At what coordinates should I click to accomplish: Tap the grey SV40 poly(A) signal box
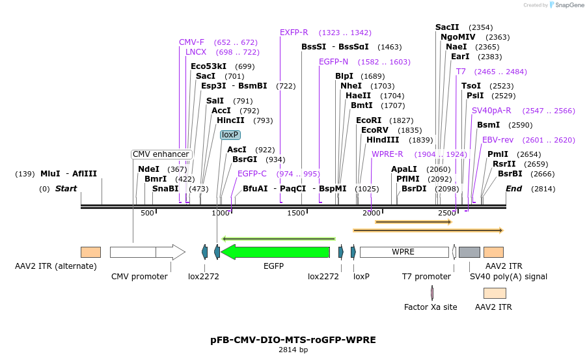(x=469, y=252)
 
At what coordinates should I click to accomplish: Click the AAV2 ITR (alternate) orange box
(x=90, y=252)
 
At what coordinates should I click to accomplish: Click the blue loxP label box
(x=230, y=135)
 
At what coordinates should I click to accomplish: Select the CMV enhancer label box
(x=161, y=154)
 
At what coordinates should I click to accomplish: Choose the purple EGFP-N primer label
(x=333, y=62)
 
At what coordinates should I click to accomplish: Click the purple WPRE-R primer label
(x=387, y=154)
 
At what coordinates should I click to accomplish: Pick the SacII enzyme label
(x=447, y=27)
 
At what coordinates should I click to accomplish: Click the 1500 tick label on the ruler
(x=297, y=213)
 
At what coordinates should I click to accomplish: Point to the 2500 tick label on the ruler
(x=447, y=213)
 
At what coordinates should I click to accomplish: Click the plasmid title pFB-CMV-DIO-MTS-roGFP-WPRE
(x=293, y=340)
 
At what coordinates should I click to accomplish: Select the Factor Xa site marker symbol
(x=432, y=293)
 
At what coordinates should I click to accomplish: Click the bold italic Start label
(x=66, y=189)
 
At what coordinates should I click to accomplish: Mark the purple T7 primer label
(x=461, y=72)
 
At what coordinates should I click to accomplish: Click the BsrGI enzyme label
(x=245, y=159)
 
